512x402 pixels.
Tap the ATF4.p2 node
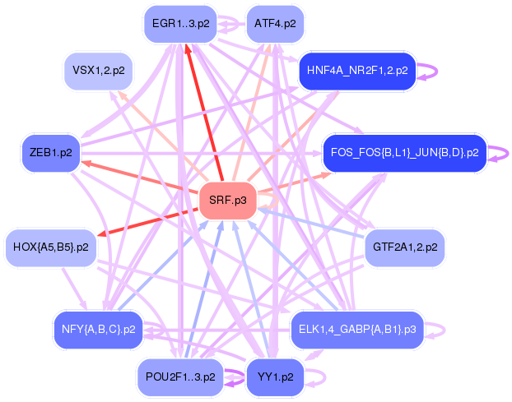point(275,24)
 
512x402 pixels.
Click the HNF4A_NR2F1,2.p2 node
point(356,71)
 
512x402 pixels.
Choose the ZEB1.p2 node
point(50,153)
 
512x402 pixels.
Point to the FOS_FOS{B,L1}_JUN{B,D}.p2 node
point(404,153)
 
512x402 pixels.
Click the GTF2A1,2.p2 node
point(404,247)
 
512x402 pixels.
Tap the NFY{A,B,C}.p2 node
point(98,329)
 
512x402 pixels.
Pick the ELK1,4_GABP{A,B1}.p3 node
point(356,329)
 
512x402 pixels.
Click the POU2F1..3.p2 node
point(179,377)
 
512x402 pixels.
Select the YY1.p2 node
point(275,377)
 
